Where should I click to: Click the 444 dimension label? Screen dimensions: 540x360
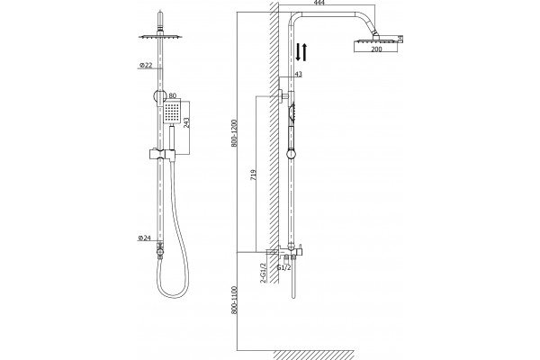(x=319, y=3)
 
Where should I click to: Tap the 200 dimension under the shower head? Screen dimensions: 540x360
(x=377, y=49)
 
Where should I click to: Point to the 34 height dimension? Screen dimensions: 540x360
(x=400, y=39)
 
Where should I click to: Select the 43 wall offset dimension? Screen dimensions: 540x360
(x=298, y=74)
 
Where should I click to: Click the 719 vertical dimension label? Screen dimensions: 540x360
(x=254, y=175)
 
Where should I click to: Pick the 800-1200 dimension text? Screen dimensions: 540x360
(x=235, y=134)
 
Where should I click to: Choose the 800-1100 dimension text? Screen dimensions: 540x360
(x=235, y=300)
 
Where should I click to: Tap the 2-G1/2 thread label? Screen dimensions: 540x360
(x=264, y=273)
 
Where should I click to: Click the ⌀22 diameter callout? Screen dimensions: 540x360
(x=146, y=65)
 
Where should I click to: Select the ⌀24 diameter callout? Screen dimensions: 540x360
(x=145, y=238)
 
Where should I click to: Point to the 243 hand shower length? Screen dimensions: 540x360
(x=186, y=122)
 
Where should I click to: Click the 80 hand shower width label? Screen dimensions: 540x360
(x=173, y=95)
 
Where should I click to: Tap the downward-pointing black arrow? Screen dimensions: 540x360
(x=298, y=52)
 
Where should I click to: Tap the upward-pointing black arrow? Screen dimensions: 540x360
(x=304, y=52)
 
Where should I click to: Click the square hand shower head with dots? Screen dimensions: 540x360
(x=171, y=112)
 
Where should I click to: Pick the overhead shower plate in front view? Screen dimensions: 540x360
(x=160, y=36)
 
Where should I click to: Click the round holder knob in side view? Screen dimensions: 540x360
(x=292, y=153)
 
